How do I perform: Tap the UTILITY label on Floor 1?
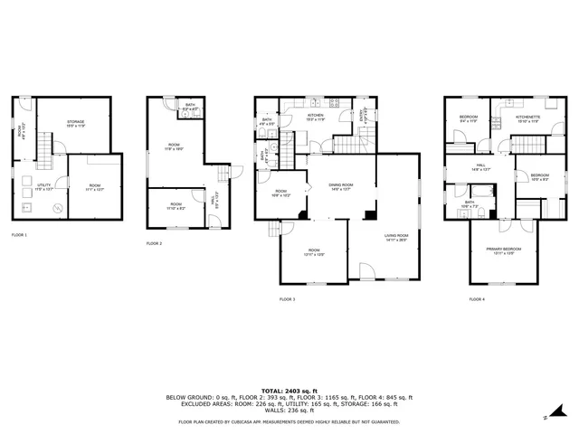click(43, 187)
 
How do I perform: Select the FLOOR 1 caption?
click(19, 235)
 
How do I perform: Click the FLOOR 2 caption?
click(155, 244)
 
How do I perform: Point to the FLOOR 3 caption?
click(287, 298)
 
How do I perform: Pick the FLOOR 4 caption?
click(476, 298)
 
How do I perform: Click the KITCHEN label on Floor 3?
click(315, 116)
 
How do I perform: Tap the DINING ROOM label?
click(340, 185)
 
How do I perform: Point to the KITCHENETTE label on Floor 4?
click(528, 117)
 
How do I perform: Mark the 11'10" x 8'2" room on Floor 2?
click(176, 205)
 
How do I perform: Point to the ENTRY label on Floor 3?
click(365, 117)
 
